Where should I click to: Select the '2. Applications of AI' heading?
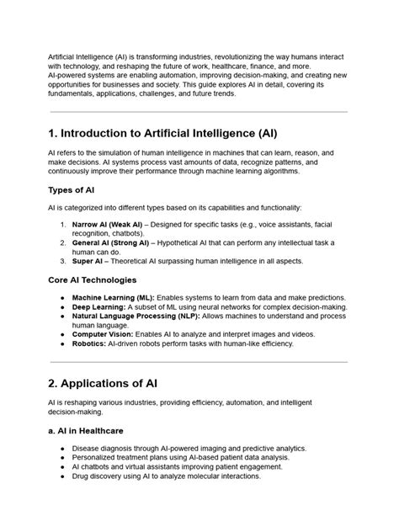[103, 383]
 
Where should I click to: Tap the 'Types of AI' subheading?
[73, 189]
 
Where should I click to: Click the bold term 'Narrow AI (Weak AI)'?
[107, 225]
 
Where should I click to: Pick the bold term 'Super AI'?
[88, 261]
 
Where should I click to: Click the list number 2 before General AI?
[63, 242]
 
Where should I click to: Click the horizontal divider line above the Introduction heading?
[199, 111]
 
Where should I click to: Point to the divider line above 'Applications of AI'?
[199, 362]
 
